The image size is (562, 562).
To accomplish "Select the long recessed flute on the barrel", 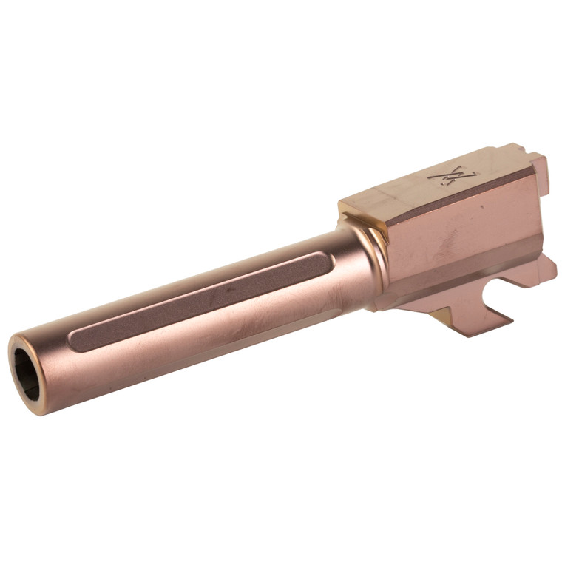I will [x=200, y=300].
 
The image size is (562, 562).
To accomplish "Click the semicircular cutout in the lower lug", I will [x=484, y=294].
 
